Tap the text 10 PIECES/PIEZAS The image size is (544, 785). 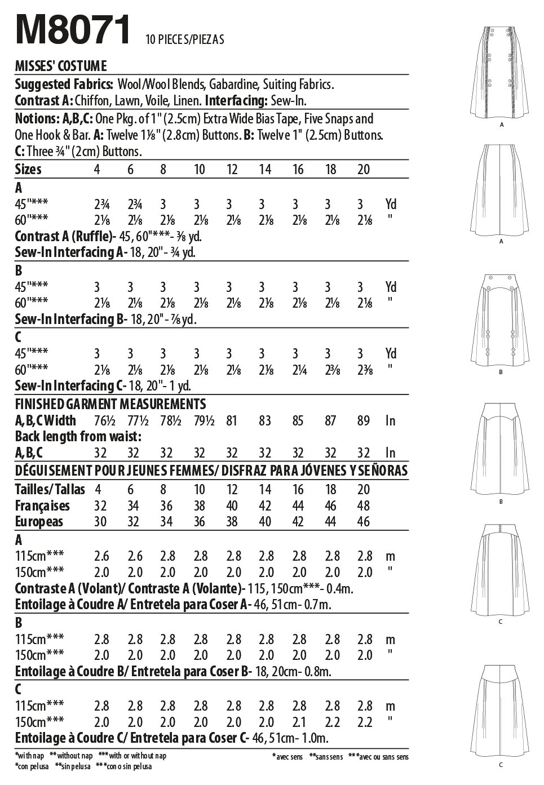[184, 39]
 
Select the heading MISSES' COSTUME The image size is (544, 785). [60, 66]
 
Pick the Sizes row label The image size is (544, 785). [28, 169]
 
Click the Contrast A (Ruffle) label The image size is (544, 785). [64, 236]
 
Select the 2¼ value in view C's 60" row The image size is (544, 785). [298, 370]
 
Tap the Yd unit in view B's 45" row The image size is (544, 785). [391, 287]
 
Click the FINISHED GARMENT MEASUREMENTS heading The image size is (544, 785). [110, 404]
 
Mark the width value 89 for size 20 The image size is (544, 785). [364, 420]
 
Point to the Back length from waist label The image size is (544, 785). [78, 437]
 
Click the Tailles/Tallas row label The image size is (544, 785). [50, 489]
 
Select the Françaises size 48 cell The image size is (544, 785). [364, 505]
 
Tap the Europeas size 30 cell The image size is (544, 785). [100, 521]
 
